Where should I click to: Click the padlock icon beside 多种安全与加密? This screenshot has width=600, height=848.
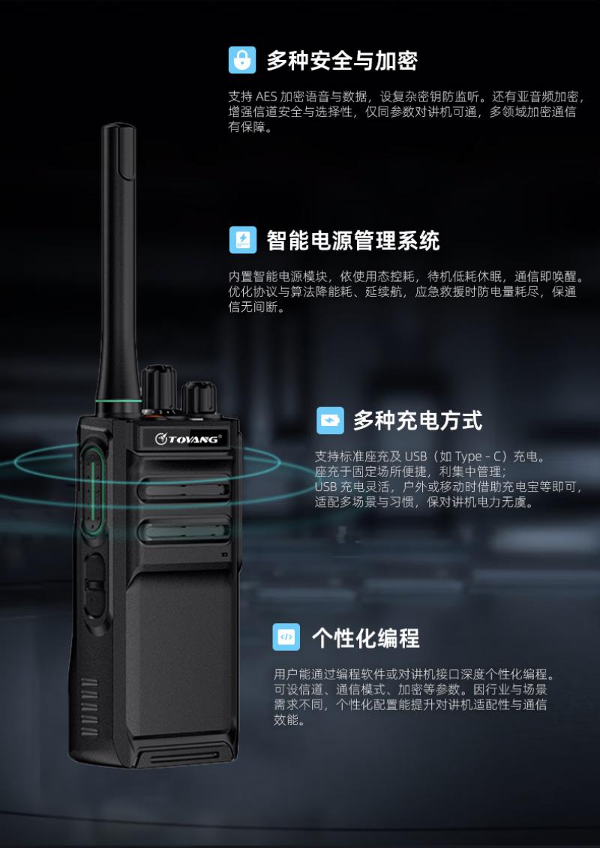(241, 60)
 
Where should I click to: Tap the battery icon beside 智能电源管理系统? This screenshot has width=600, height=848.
(243, 240)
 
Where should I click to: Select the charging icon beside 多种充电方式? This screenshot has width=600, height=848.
(330, 420)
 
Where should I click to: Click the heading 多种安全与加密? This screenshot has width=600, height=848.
(342, 61)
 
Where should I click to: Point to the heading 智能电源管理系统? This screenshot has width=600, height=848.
(353, 241)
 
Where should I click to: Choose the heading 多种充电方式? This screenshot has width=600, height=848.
(418, 421)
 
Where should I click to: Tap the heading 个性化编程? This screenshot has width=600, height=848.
(366, 638)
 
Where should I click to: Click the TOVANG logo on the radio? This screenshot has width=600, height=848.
(187, 438)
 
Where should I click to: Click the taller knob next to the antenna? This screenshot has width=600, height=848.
(158, 388)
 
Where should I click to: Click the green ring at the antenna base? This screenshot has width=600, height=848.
(119, 401)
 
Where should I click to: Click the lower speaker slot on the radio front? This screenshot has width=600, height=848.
(184, 531)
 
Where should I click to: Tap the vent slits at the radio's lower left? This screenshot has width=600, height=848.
(89, 707)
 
